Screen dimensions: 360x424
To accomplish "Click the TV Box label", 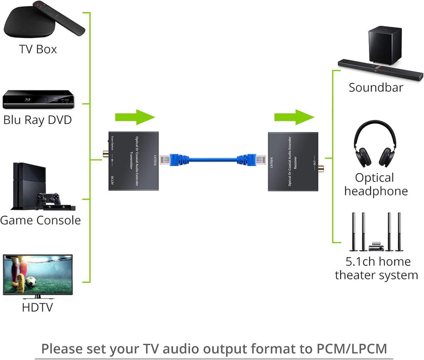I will (x=38, y=49).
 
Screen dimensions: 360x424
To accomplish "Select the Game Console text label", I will (x=40, y=221).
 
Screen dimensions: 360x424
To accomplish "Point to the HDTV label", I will (x=37, y=308).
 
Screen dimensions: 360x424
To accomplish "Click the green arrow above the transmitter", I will (x=135, y=117).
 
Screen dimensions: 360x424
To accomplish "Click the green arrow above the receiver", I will (x=294, y=117).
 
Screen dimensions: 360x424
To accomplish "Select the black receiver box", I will (x=293, y=161).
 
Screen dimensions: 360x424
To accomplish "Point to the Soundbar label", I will (x=376, y=87).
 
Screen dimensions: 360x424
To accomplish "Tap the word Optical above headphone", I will (x=374, y=178).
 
